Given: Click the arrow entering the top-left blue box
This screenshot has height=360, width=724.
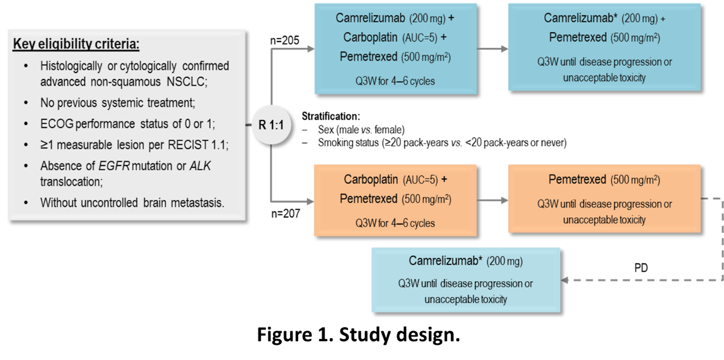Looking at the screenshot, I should tap(309, 49).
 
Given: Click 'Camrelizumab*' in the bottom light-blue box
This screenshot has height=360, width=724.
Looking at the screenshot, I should tap(445, 260).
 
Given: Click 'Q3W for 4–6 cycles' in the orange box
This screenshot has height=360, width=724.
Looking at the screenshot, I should tap(395, 223).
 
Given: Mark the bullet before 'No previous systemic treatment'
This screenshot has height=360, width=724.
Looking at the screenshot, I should tap(25, 104).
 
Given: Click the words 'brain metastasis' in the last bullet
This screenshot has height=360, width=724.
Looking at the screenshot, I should tap(186, 203).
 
